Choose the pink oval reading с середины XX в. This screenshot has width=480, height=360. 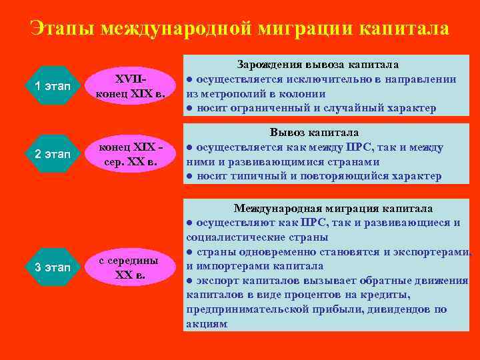click(133, 267)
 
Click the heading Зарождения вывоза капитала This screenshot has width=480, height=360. click(318, 65)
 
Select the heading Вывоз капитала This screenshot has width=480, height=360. click(314, 133)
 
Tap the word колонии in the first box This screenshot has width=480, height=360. click(303, 94)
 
